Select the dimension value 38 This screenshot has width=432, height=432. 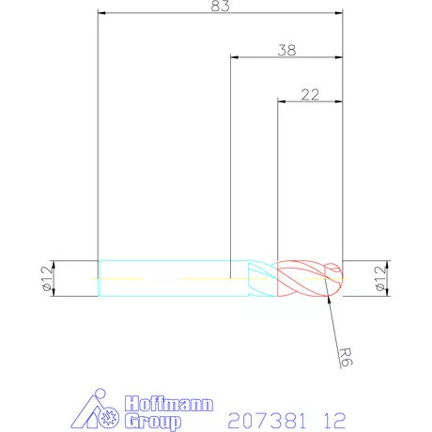coord(287,51)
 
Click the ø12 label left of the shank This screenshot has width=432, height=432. coord(45,278)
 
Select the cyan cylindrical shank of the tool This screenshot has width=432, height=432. coord(169,278)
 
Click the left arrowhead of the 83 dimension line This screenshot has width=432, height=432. coord(102,14)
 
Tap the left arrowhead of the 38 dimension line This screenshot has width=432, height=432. coord(235,58)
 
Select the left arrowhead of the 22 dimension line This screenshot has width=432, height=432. coord(282,100)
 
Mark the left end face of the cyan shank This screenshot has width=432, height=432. coord(99,278)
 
